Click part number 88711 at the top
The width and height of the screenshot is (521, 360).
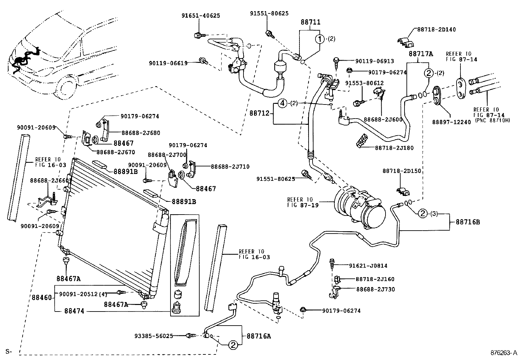click(x=310, y=22)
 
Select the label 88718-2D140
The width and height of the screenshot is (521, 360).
click(x=436, y=29)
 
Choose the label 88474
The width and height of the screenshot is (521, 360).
click(x=74, y=311)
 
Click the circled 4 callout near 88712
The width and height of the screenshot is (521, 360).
click(x=282, y=104)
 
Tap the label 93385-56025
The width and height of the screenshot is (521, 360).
click(x=153, y=336)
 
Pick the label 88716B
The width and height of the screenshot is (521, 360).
click(x=468, y=222)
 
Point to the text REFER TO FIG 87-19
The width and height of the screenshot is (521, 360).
click(x=300, y=202)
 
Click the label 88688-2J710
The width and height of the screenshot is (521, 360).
click(x=230, y=167)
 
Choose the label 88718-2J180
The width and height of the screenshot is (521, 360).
click(x=394, y=148)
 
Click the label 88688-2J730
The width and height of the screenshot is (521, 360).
click(x=375, y=289)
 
